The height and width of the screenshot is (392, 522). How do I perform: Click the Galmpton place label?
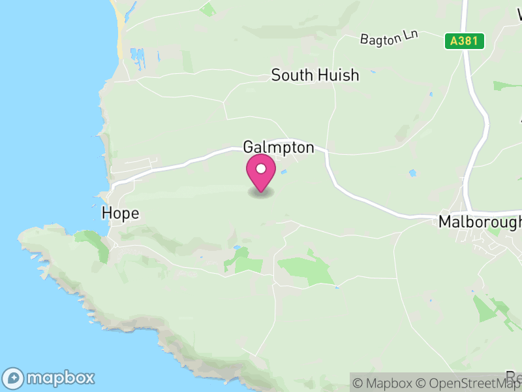(279, 147)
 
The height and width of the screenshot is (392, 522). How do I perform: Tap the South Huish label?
(315, 75)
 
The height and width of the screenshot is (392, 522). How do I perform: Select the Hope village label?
(121, 214)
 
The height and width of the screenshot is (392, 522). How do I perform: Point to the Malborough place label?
(480, 222)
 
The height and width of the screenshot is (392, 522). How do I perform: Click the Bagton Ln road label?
(388, 38)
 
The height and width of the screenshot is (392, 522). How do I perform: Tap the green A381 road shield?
(465, 41)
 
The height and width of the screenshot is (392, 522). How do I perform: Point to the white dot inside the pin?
(261, 169)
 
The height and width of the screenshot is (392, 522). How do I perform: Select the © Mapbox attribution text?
(384, 383)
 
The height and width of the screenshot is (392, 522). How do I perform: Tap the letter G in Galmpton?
(249, 147)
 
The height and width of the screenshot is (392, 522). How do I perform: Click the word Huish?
(337, 75)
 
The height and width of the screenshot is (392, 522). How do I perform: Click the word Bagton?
(380, 39)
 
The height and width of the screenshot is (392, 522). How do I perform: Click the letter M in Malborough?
(445, 222)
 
